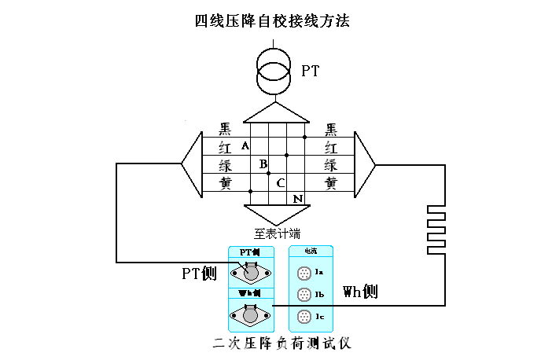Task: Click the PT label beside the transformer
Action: tap(311, 71)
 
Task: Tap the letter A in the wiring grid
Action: tap(245, 146)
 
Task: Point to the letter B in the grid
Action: tap(263, 164)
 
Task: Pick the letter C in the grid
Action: tap(280, 182)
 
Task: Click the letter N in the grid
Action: tap(297, 199)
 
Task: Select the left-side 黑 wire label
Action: tap(225, 129)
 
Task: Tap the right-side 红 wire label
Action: tap(331, 147)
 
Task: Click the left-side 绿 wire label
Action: tap(225, 165)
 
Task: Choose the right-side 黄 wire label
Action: tap(331, 183)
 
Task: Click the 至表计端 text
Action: tap(276, 233)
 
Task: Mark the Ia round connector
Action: tap(304, 274)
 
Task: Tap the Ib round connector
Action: tap(304, 295)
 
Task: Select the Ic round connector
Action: tap(304, 317)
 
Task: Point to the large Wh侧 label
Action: tap(360, 292)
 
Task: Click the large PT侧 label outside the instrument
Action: tap(198, 274)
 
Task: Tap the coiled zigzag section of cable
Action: tap(436, 229)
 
